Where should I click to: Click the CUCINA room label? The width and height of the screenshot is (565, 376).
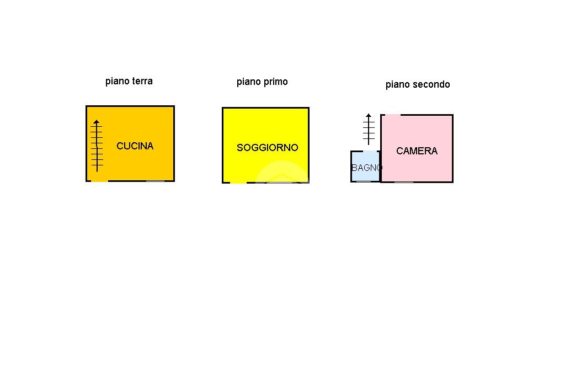click(135, 146)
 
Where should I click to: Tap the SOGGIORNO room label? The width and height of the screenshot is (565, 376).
click(267, 148)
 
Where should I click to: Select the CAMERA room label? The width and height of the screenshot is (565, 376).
click(417, 151)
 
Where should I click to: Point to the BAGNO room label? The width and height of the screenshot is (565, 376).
click(366, 168)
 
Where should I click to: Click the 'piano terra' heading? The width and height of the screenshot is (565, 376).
click(129, 81)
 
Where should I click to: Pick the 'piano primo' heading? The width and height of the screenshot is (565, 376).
click(262, 82)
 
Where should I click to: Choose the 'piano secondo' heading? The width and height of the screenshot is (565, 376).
click(418, 84)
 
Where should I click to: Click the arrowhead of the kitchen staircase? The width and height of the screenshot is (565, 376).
click(97, 122)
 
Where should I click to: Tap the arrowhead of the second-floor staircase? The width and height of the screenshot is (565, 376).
click(369, 116)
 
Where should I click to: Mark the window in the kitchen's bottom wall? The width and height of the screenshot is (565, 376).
click(155, 181)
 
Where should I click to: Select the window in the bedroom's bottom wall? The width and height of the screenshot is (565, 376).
click(404, 182)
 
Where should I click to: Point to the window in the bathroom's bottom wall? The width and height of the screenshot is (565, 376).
click(364, 181)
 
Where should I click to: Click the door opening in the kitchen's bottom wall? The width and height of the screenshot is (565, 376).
click(99, 181)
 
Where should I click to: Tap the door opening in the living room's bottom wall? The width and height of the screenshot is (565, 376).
click(238, 182)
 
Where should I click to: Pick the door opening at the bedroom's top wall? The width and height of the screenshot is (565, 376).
click(392, 115)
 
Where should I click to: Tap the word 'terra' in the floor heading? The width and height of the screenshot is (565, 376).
click(141, 81)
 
